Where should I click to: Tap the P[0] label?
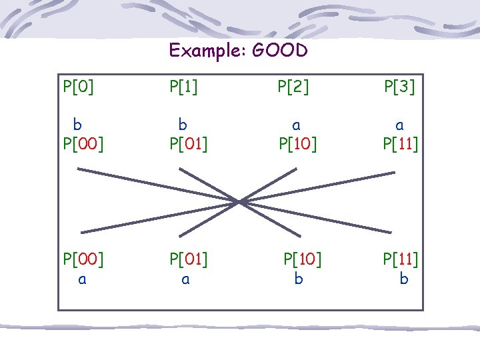78,87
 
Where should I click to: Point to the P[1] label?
184,87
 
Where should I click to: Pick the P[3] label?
399,87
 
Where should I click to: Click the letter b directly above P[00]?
78,124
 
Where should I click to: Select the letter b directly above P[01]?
181,124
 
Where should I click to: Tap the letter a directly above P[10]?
297,124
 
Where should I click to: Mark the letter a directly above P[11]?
399,124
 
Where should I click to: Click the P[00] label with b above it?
83,143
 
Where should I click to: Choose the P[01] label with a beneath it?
189,258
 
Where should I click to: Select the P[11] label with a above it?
401,143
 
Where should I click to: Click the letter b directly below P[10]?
299,279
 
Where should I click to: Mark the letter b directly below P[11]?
403,279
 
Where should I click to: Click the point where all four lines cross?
240,201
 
